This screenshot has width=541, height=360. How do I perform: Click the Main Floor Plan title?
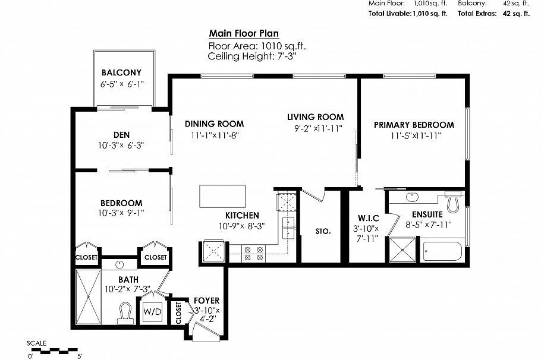[244, 34]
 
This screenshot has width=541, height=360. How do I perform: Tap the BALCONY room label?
[121, 73]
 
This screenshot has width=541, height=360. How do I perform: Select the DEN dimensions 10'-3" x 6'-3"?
[121, 144]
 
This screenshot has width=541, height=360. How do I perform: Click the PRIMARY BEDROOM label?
[414, 125]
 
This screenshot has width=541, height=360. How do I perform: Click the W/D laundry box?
[149, 310]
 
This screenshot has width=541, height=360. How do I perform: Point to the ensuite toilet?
[453, 203]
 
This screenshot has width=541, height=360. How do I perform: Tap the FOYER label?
[199, 300]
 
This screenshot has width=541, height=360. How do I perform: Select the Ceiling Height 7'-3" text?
[251, 56]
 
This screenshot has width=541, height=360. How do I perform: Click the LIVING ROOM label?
[315, 117]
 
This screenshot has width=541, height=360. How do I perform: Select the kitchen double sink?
[289, 226]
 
